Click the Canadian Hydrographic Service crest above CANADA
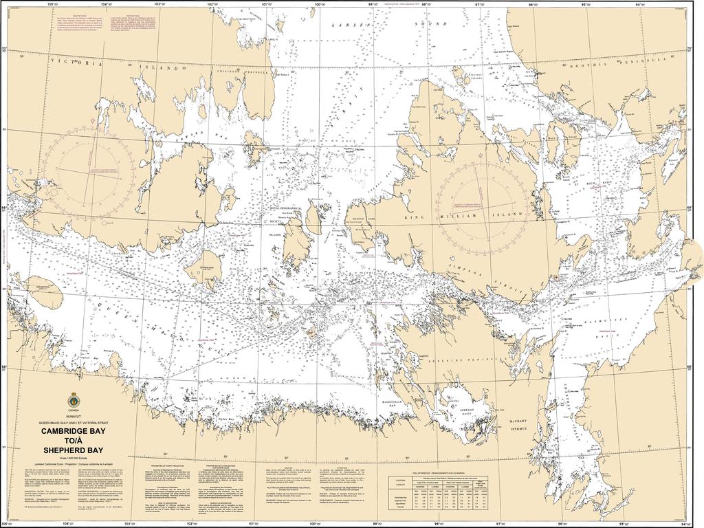click(73, 399)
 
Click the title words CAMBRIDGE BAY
click(74, 431)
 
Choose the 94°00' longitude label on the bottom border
click(680, 524)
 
